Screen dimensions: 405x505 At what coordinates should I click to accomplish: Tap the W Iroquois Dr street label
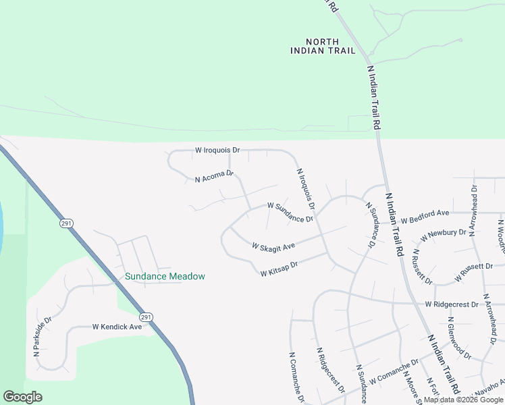click(x=217, y=149)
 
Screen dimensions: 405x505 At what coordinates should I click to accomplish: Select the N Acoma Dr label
click(x=214, y=177)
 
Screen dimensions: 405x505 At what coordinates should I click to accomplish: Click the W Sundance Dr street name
click(x=290, y=212)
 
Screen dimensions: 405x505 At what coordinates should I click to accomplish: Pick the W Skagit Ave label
click(x=273, y=246)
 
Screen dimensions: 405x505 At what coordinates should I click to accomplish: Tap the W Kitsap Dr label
click(x=279, y=269)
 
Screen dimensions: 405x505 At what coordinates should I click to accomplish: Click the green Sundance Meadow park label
click(x=165, y=276)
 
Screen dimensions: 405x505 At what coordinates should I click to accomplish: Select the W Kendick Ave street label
click(x=117, y=327)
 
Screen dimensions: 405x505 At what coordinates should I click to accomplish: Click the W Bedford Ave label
click(x=425, y=217)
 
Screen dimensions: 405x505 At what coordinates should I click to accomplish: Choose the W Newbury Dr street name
click(x=444, y=236)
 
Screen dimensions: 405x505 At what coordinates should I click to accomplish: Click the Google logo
click(x=22, y=397)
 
